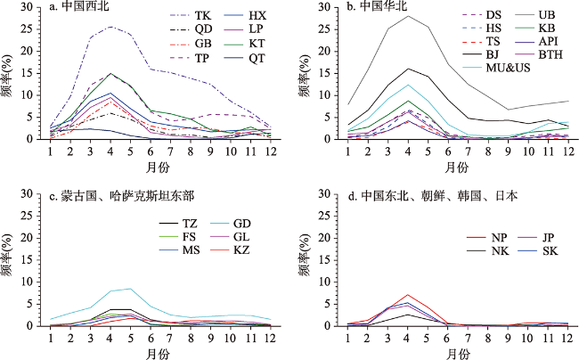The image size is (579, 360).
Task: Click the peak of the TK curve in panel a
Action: point(110,27)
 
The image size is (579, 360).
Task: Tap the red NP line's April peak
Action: point(408,294)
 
